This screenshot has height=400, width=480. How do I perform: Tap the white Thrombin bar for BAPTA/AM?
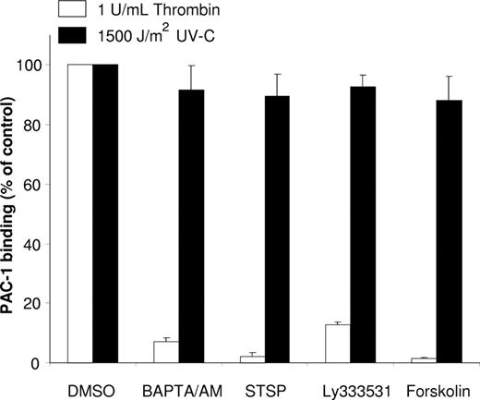(x=166, y=352)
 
